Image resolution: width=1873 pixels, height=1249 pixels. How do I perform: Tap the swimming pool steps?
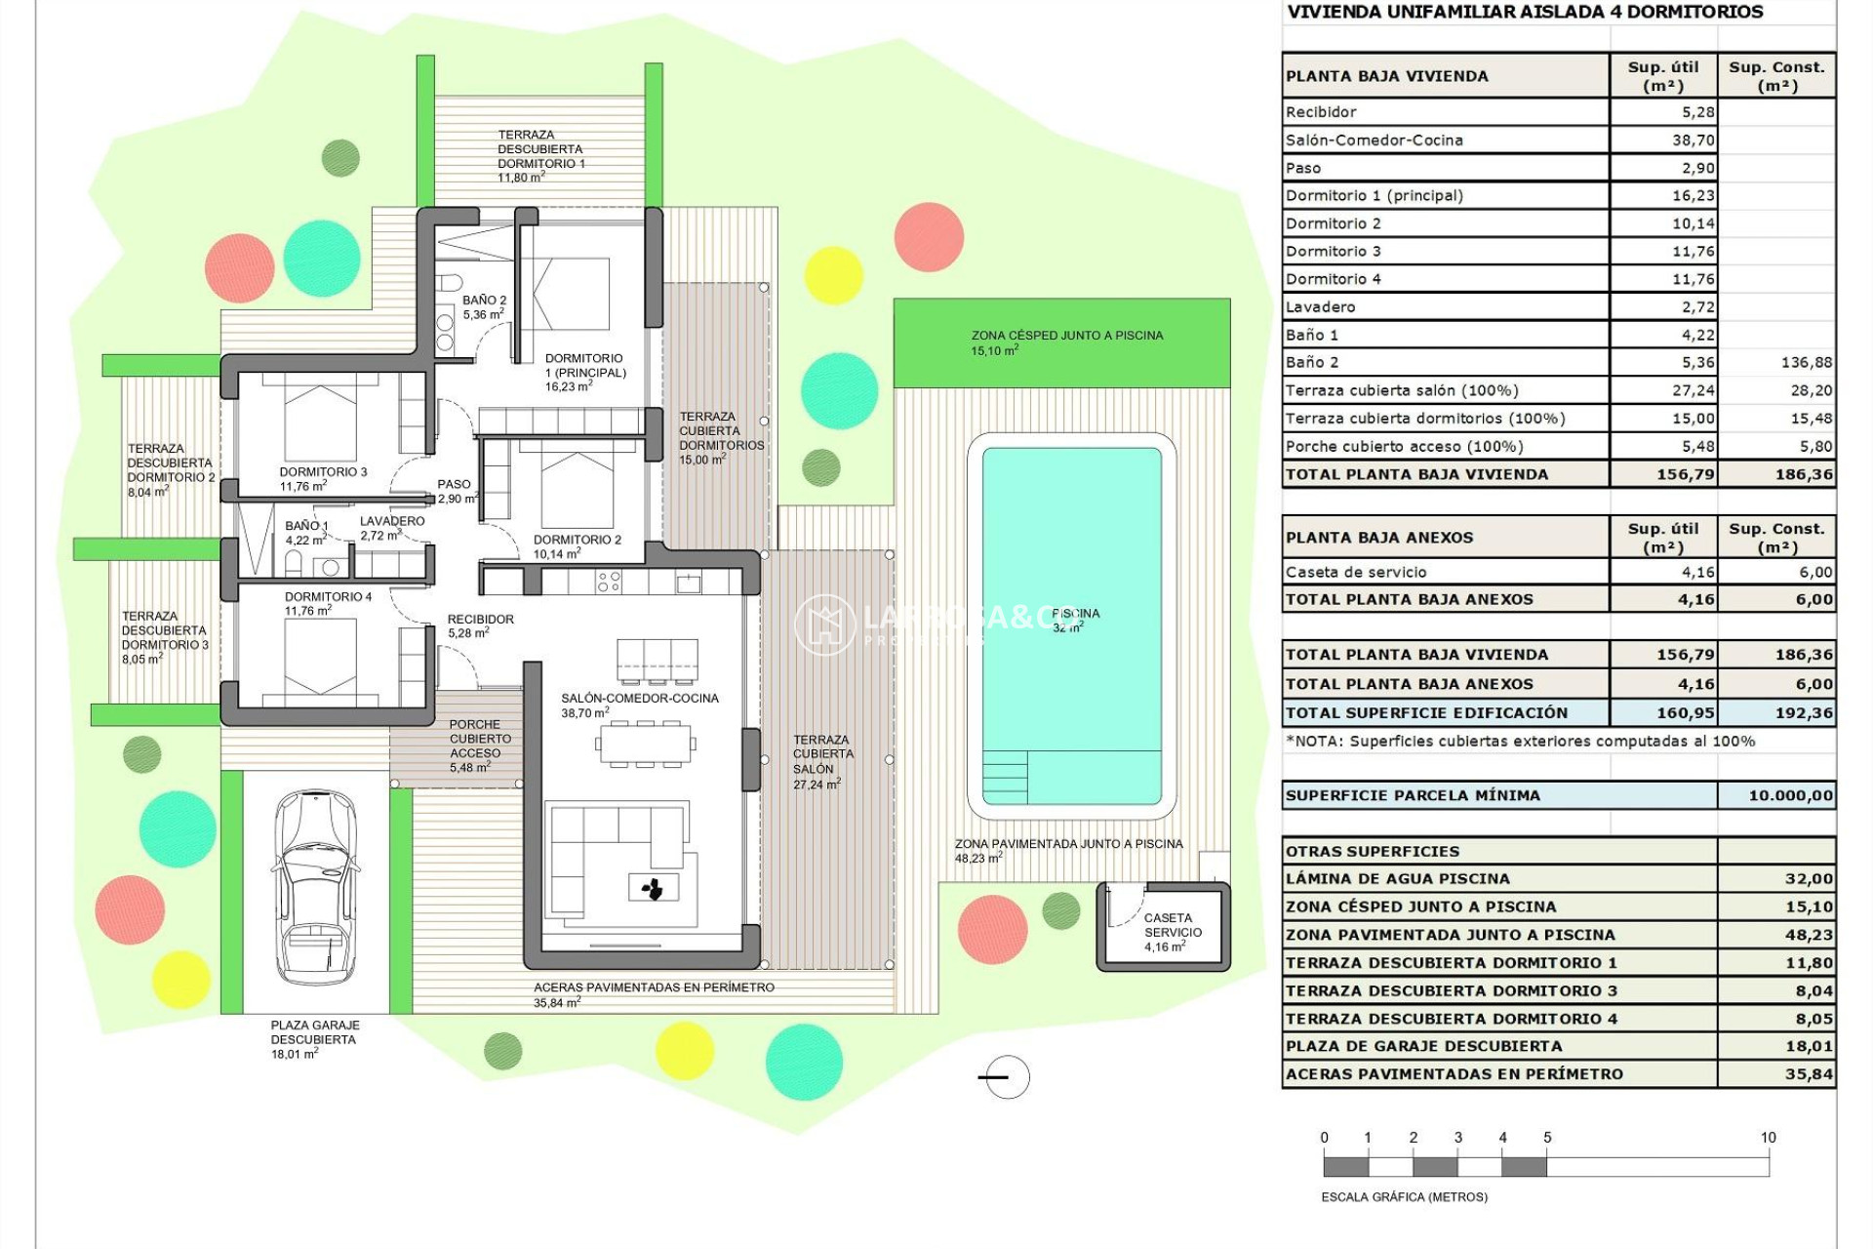click(x=1005, y=777)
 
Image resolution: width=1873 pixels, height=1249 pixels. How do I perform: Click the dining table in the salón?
click(x=645, y=745)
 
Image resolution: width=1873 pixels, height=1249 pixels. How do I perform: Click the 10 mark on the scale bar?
click(x=1768, y=1138)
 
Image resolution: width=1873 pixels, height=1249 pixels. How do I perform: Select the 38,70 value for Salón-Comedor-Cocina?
click(x=1693, y=140)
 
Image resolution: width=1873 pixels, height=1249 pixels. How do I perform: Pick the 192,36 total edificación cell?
click(x=1803, y=712)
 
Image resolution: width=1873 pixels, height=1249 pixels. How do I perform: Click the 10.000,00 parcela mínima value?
click(x=1790, y=795)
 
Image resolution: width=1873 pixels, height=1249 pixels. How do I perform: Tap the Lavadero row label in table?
click(x=1320, y=306)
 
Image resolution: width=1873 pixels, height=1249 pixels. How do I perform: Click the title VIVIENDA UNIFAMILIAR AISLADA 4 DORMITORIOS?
click(x=1525, y=13)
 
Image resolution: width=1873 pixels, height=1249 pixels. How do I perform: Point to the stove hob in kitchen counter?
click(x=609, y=583)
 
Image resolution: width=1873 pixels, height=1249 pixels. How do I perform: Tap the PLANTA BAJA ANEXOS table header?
click(x=1379, y=538)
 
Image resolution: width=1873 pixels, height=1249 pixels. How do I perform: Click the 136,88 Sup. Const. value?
click(x=1806, y=362)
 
